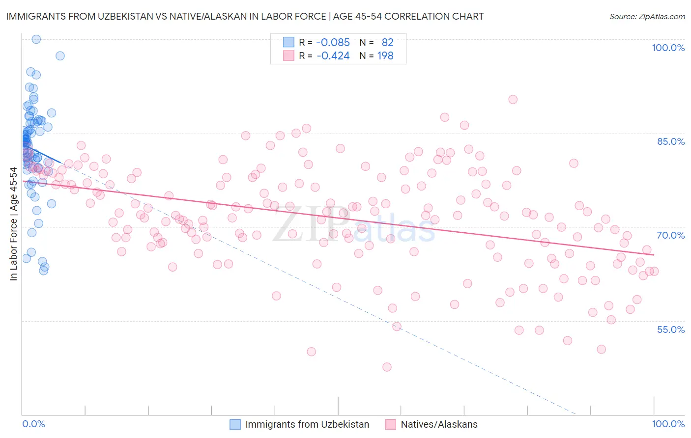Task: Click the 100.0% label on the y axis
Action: click(668, 48)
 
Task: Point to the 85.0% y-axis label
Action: click(671, 141)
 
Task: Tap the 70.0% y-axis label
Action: click(671, 235)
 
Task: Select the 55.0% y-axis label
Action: click(671, 329)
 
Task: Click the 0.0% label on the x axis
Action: click(33, 424)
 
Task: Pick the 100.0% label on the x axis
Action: click(668, 424)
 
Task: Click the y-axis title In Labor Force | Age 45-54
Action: click(13, 224)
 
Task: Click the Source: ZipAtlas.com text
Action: click(647, 17)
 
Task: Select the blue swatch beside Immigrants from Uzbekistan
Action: click(235, 424)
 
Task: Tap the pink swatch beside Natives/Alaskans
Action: click(391, 424)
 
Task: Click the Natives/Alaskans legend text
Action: click(439, 424)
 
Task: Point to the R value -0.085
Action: click(333, 43)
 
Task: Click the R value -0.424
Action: click(333, 56)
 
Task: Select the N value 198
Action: click(385, 56)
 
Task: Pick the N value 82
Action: click(387, 43)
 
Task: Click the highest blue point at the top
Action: click(36, 39)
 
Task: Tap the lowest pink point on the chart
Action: click(387, 367)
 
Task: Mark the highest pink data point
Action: click(513, 99)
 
